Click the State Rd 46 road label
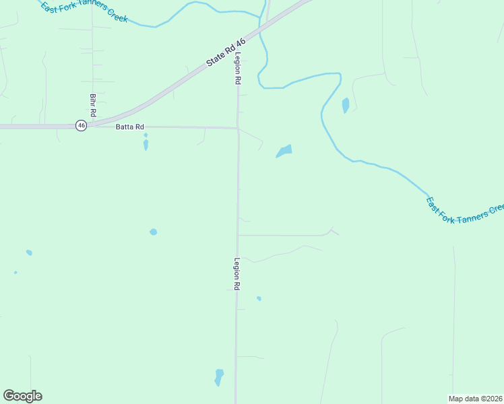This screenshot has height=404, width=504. [226, 52]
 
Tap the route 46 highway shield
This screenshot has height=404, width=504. [81, 125]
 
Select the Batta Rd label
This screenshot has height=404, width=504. [130, 127]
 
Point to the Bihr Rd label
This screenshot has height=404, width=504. [93, 104]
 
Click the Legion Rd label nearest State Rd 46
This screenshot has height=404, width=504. [238, 69]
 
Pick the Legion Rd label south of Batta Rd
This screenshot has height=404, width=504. [237, 274]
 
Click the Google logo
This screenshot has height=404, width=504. [22, 396]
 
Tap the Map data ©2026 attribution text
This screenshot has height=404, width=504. [476, 398]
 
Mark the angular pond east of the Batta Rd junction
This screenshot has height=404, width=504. [284, 151]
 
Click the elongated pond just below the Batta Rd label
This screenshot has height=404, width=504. [146, 143]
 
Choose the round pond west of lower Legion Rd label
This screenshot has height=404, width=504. [154, 232]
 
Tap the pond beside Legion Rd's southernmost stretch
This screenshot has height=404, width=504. [218, 377]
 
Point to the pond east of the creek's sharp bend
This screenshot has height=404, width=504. [346, 106]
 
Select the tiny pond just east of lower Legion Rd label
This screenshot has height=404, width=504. [259, 298]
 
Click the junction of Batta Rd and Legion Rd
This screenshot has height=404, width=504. [237, 128]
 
